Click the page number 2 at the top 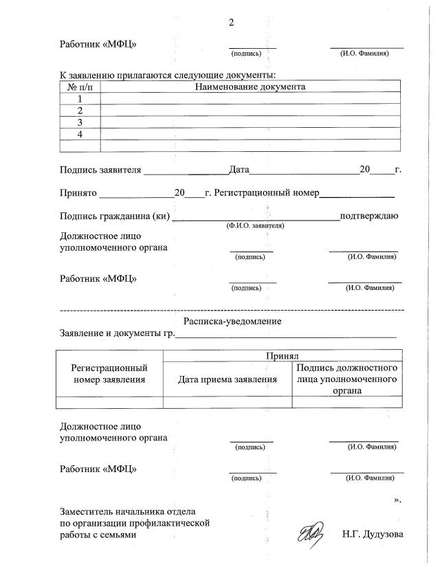[231, 23]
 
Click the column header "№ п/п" [80, 87]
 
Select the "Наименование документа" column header [250, 87]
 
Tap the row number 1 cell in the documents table [80, 98]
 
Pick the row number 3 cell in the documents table [80, 122]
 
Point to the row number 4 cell [80, 134]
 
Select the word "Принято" [80, 194]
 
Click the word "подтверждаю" [369, 216]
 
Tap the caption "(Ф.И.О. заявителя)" [255, 225]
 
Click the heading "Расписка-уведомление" [232, 321]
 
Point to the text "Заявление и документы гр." [117, 334]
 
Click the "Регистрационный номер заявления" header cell [109, 373]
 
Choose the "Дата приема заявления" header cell [227, 379]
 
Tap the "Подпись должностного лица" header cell [346, 379]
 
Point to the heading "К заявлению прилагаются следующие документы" [168, 74]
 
